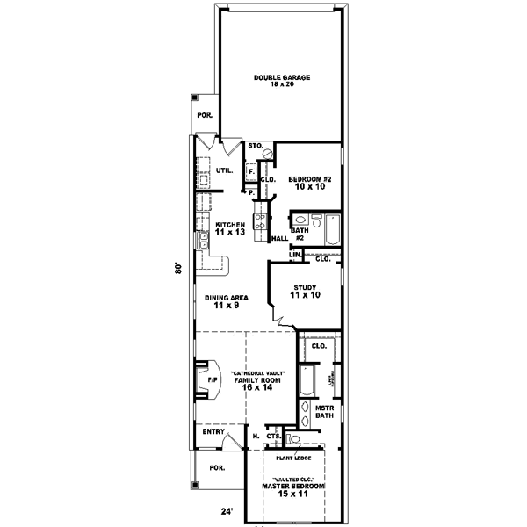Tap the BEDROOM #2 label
coord(308,182)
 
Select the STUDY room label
coord(305,291)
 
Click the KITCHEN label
coord(229,227)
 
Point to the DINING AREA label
coord(226,301)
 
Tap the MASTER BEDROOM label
coord(293,489)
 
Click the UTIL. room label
coord(224,170)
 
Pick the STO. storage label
coord(256,145)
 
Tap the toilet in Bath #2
coord(300,220)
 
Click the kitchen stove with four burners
coord(260,227)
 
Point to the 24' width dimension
coord(227,510)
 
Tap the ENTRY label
coord(213,432)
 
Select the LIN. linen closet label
coord(296,256)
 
